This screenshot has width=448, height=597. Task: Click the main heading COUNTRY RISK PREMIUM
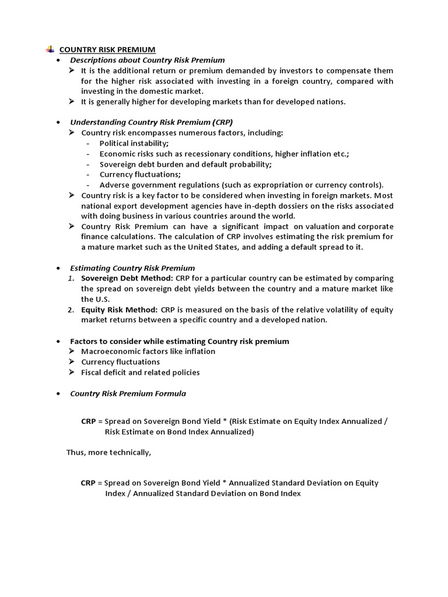(108, 50)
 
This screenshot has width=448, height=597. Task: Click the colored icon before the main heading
(51, 50)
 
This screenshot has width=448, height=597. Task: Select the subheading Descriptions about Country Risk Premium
(147, 60)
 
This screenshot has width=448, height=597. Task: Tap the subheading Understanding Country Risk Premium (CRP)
(151, 122)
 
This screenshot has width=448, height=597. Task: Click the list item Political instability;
(134, 143)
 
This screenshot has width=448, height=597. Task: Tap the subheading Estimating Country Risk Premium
(132, 268)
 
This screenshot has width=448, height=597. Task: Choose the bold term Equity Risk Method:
(120, 310)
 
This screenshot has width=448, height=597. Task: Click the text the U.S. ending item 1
(95, 299)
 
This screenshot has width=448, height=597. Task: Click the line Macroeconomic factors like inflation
(148, 352)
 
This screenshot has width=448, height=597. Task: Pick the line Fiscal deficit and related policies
(140, 373)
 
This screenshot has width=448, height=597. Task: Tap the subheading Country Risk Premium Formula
(128, 394)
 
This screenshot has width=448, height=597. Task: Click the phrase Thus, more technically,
(108, 452)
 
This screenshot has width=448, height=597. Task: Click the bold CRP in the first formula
(88, 422)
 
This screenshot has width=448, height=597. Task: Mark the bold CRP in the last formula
(88, 483)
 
